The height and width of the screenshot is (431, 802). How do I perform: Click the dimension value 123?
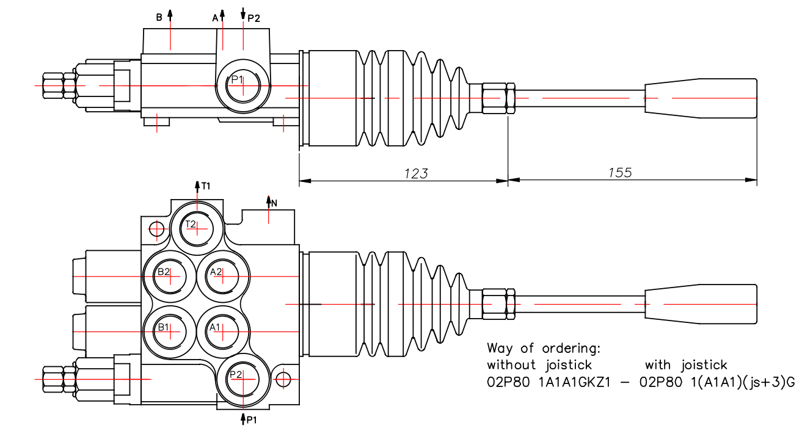416,173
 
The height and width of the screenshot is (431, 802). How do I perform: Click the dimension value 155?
620,173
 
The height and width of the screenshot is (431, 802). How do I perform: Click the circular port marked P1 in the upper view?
243,85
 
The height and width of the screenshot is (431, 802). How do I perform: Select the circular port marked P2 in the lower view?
243,379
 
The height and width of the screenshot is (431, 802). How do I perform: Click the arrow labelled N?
268,201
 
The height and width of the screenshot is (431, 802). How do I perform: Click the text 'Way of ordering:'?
544,349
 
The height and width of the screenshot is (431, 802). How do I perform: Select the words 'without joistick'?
539,365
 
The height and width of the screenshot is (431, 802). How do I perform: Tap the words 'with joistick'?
686,365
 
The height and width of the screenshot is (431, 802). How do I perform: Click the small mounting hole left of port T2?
157,230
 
